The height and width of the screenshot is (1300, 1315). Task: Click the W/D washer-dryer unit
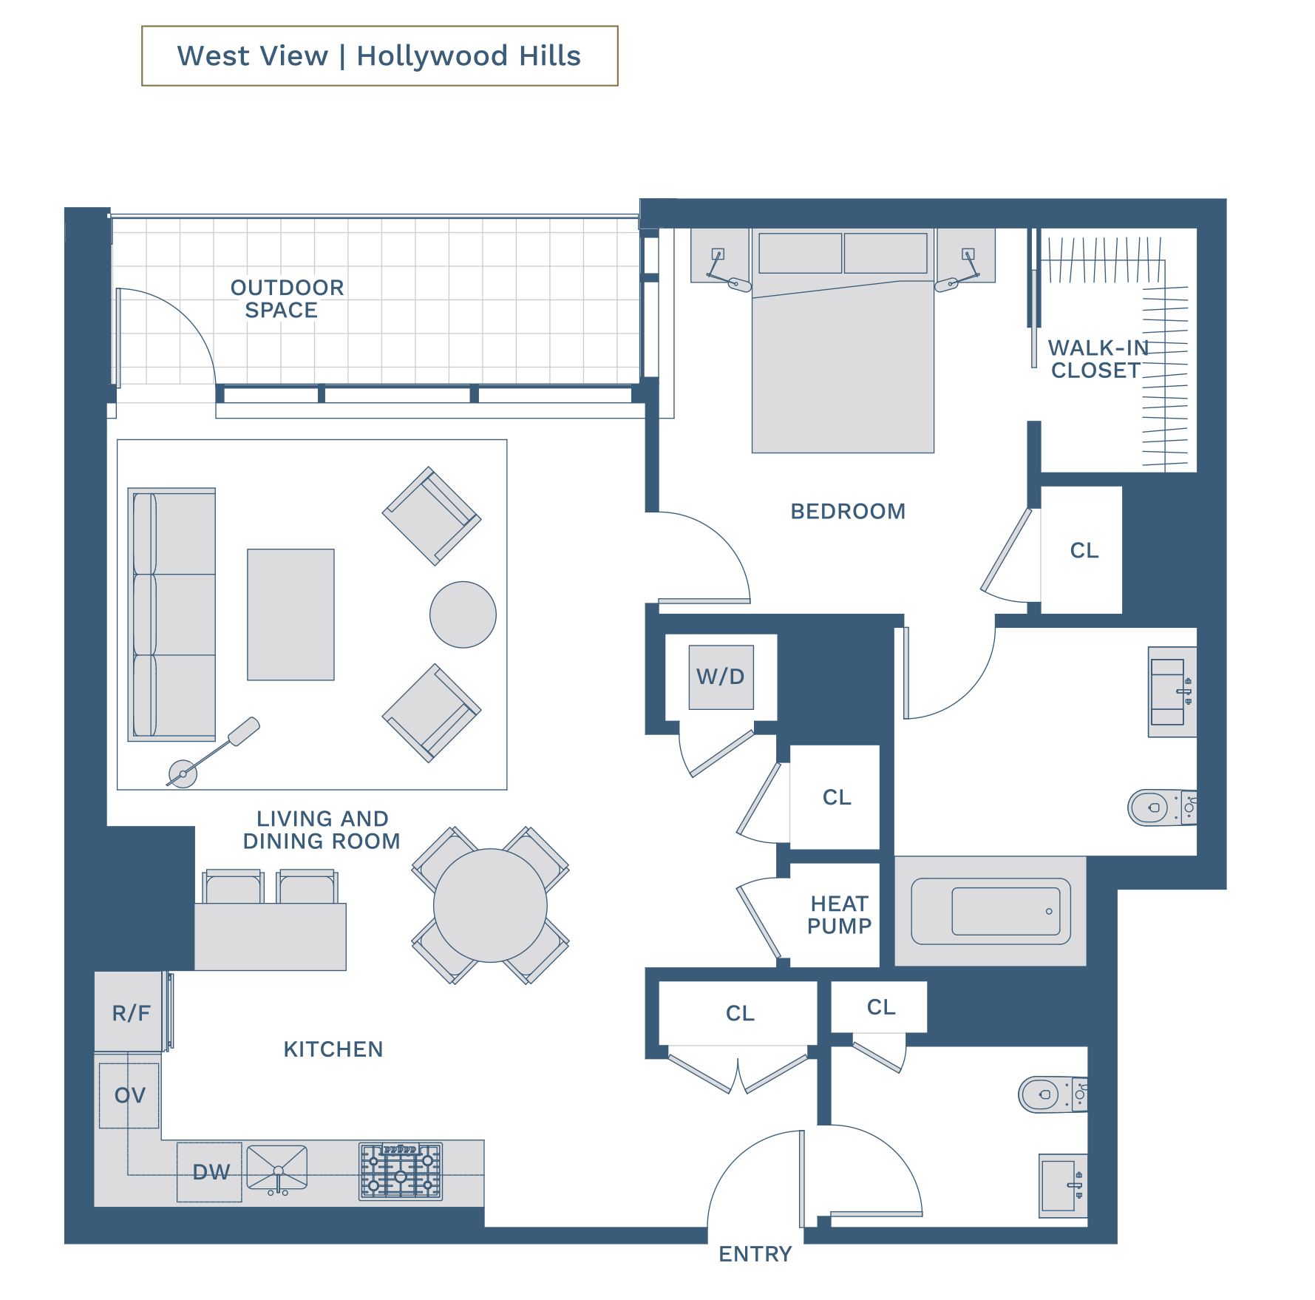point(721,677)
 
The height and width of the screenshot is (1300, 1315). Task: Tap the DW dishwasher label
point(211,1172)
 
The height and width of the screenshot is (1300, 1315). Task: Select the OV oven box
point(129,1095)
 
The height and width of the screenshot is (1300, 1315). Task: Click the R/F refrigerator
point(130,1012)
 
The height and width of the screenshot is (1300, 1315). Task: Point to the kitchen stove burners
point(401,1171)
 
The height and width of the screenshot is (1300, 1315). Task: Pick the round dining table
point(490,905)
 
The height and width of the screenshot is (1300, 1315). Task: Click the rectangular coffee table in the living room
point(290,615)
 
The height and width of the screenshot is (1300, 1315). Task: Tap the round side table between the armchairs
point(463,615)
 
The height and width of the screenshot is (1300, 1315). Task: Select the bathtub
point(991,911)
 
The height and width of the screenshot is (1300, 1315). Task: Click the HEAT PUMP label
point(839,915)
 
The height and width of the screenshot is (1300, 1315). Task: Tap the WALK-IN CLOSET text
point(1098,359)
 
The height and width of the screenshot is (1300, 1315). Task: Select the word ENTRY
point(755,1254)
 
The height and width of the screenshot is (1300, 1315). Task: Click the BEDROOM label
point(848,511)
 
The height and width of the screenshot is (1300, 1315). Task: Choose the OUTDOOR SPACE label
point(287,299)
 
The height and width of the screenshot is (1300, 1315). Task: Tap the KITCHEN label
point(333,1049)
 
